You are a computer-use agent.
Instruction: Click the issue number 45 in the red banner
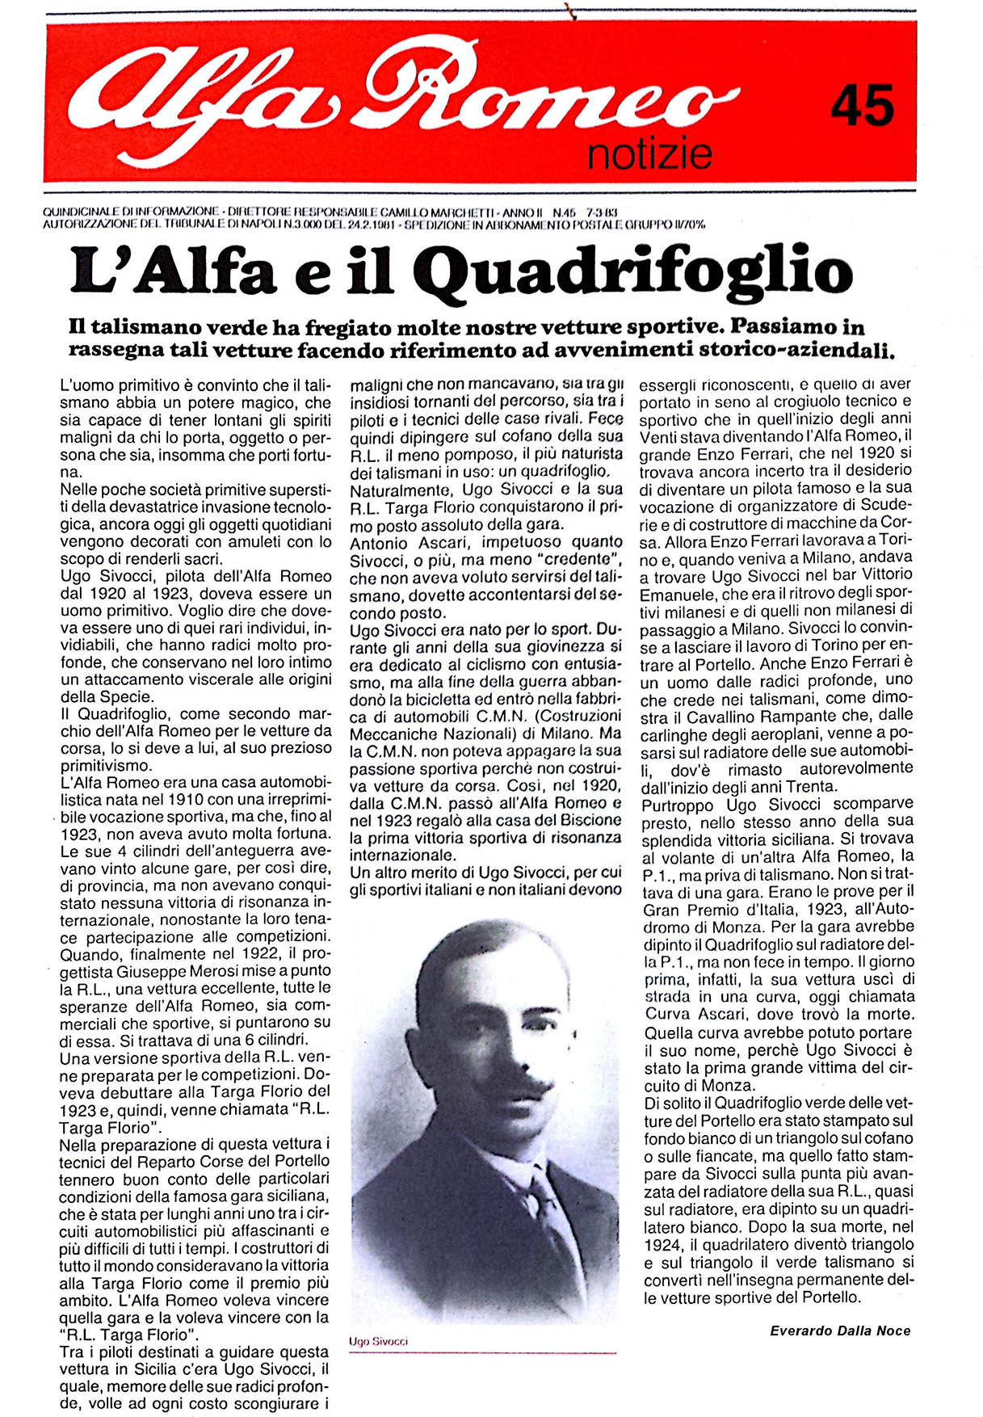coord(863,106)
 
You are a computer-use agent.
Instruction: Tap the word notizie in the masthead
coord(649,153)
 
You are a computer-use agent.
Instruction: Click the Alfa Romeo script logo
coord(404,93)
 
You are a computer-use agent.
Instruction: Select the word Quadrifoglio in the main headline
coord(637,272)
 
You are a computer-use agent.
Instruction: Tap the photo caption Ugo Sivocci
coord(378,1342)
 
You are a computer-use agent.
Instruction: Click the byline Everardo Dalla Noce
coord(840,1331)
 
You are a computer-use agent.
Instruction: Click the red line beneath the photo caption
coord(482,1353)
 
